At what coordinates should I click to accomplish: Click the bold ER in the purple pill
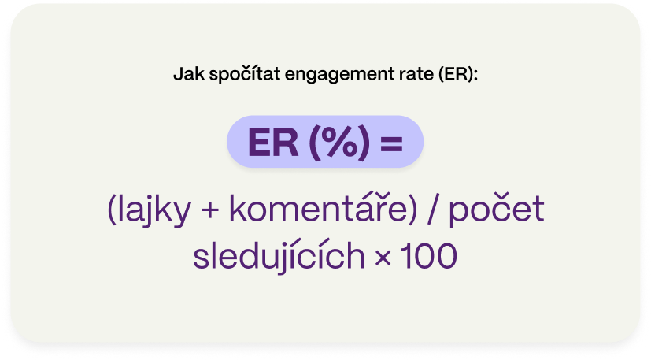click(x=273, y=143)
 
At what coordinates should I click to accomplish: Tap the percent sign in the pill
click(x=339, y=143)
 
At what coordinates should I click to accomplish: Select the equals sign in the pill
click(x=391, y=143)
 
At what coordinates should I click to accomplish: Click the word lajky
click(x=154, y=210)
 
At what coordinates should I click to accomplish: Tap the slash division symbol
click(x=433, y=210)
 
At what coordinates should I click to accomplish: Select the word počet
click(x=497, y=210)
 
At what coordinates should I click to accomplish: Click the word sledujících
click(x=279, y=254)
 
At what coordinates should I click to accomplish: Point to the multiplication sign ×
click(x=383, y=258)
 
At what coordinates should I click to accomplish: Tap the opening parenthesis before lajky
click(x=112, y=210)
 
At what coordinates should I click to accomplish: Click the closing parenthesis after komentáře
click(x=412, y=210)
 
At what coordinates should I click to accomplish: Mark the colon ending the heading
click(x=475, y=75)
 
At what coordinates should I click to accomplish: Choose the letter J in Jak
click(x=178, y=74)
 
